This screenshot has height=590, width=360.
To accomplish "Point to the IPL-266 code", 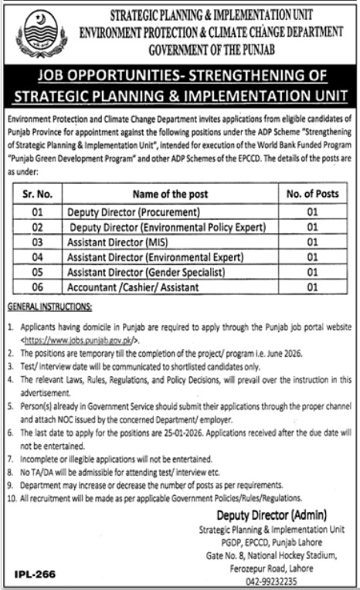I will pos(36,575).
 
